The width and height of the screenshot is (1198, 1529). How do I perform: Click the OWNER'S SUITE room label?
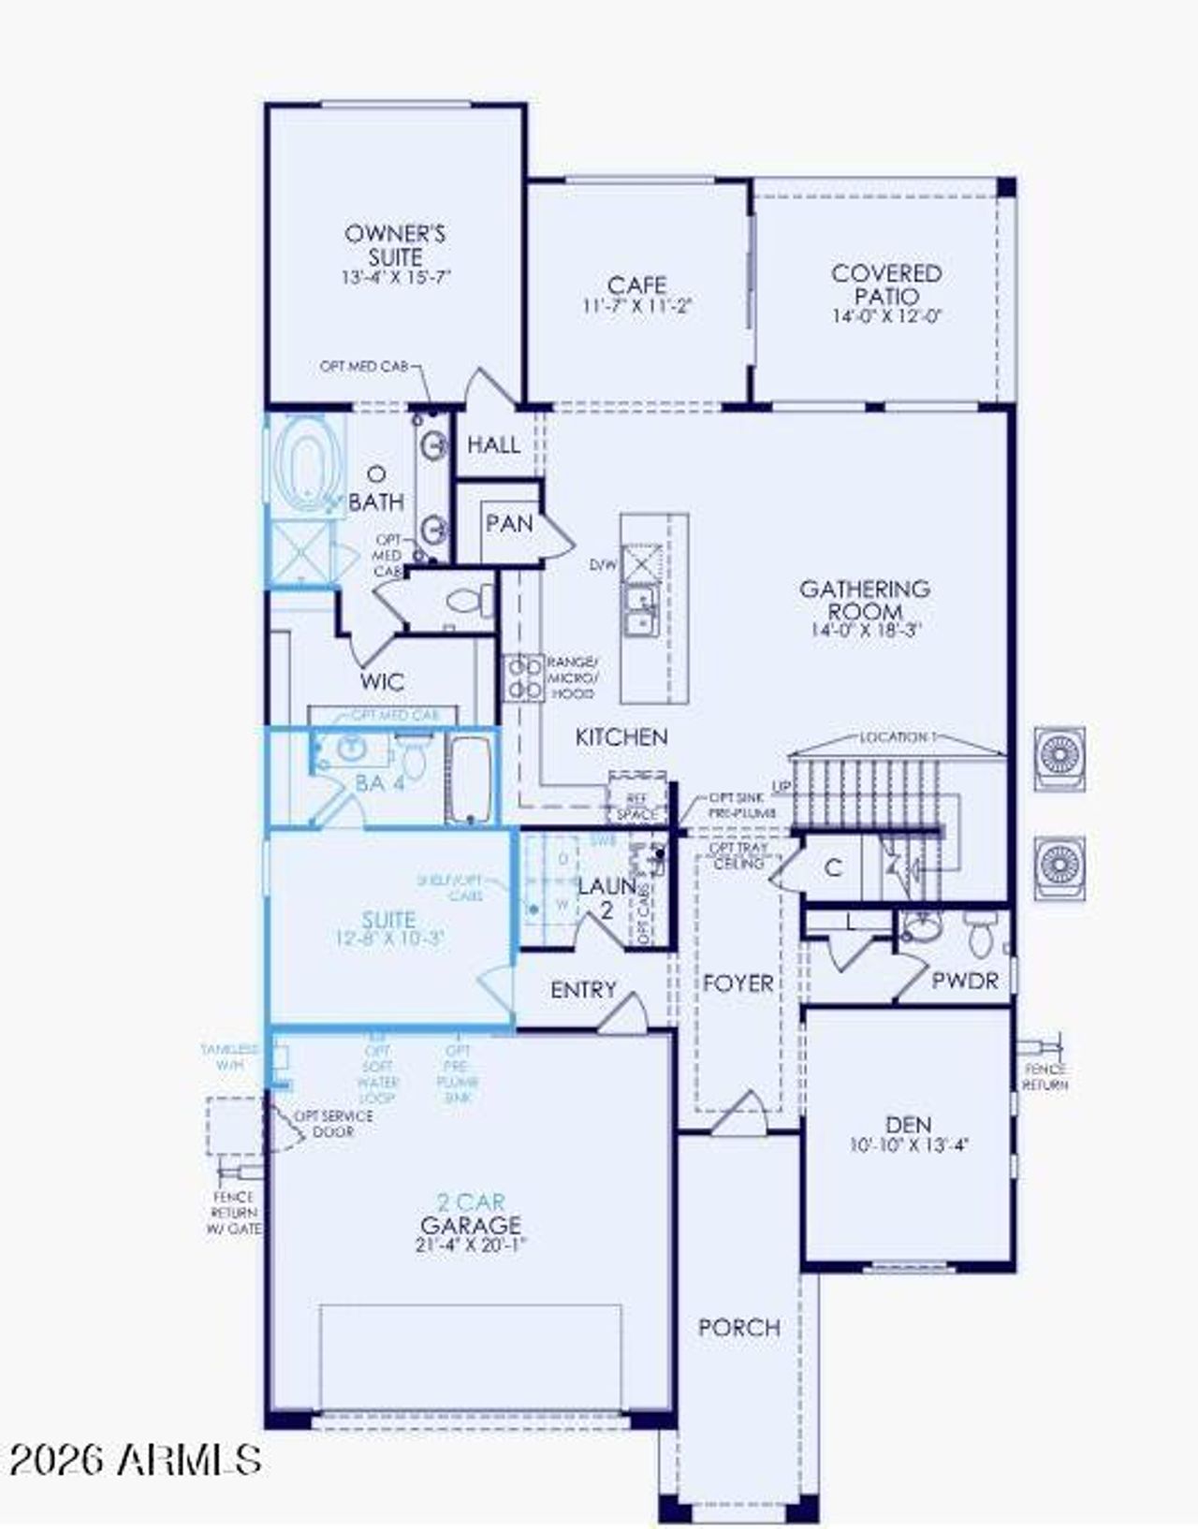click(x=395, y=244)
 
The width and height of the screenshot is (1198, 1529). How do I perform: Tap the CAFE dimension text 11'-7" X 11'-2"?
click(x=637, y=306)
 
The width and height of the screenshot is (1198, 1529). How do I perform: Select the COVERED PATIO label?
click(x=886, y=284)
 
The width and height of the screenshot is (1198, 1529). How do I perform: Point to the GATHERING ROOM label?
click(x=864, y=600)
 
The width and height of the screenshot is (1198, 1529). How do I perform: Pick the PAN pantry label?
click(x=509, y=524)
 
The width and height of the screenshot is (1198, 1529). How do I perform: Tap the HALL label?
click(x=493, y=445)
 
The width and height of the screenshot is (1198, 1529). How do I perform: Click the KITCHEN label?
click(x=621, y=737)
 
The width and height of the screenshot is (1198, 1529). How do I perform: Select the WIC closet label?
click(x=382, y=681)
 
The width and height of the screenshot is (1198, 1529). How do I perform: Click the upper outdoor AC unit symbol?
click(x=1059, y=758)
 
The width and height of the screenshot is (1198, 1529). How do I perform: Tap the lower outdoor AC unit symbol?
click(x=1059, y=867)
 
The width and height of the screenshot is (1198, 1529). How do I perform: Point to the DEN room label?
click(x=909, y=1125)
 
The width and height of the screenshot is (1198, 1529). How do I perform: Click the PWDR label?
click(x=965, y=981)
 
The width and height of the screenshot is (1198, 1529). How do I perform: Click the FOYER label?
click(x=738, y=983)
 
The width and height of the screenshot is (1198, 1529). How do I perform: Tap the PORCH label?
click(x=739, y=1327)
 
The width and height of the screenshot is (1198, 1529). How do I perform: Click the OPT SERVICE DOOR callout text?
click(x=333, y=1124)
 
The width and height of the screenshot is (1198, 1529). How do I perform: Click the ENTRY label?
click(x=583, y=990)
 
